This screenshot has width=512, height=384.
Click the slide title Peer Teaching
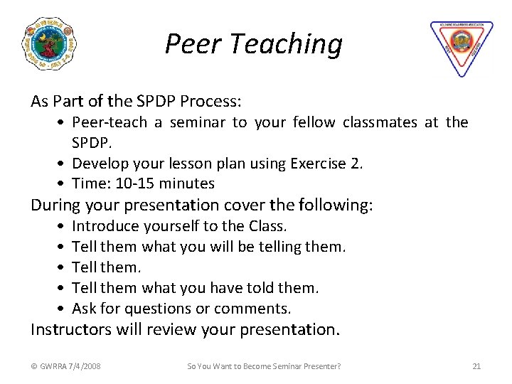253,44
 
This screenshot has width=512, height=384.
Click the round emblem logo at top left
50,44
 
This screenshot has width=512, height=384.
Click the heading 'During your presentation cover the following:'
201,206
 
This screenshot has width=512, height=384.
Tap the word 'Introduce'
105,226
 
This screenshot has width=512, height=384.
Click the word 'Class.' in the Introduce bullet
268,226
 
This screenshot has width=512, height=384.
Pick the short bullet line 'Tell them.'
107,267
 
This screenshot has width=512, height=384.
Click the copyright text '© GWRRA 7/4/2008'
66,366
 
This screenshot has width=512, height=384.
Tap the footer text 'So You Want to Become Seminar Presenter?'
264,366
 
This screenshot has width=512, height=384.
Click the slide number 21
476,366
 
